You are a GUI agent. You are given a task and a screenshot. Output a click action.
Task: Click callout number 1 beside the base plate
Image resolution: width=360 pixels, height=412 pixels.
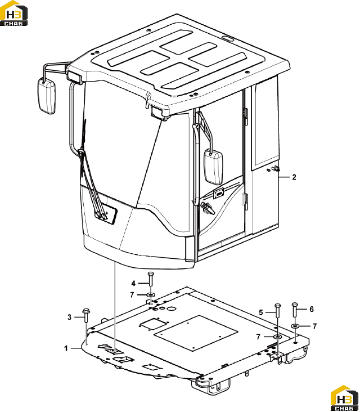[66, 348]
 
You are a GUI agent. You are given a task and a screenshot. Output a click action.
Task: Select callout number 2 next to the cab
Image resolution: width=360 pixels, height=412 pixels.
[294, 177]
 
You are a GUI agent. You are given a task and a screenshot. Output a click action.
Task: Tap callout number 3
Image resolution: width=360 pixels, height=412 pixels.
[69, 317]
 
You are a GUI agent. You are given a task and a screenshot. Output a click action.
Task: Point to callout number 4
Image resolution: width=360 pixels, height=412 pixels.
[133, 283]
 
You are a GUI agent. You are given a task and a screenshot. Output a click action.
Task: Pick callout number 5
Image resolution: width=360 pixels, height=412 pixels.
[261, 312]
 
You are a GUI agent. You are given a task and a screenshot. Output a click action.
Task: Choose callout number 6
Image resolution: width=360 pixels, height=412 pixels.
[312, 309]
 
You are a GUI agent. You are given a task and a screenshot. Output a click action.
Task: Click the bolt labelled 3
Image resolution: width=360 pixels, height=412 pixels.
[85, 316]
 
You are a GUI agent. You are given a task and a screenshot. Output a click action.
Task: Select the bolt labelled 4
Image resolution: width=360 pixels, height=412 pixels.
[150, 279]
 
